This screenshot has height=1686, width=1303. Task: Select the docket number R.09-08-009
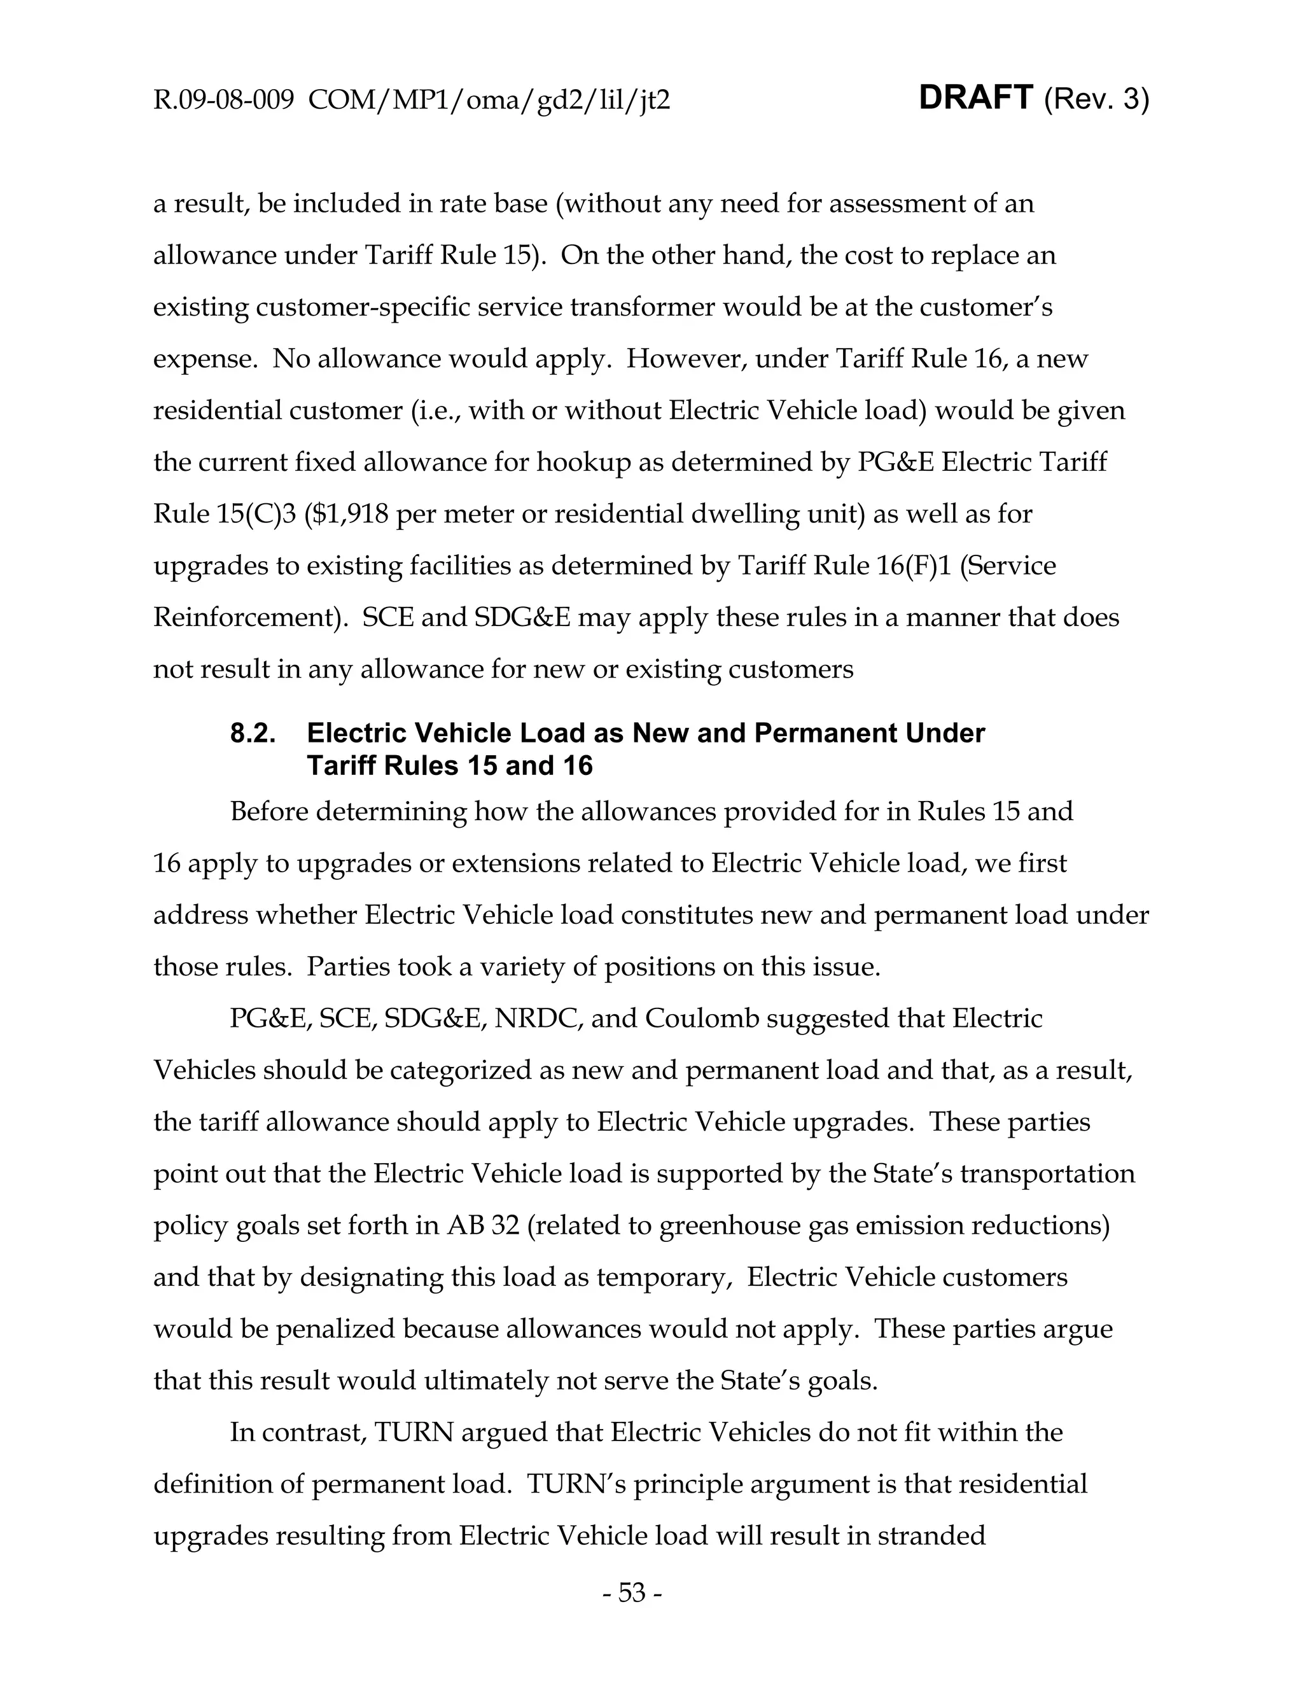point(223,101)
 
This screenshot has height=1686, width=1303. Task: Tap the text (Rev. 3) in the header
point(1096,101)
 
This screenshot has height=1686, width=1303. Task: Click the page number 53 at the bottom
point(631,1592)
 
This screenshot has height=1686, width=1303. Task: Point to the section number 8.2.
point(253,732)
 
